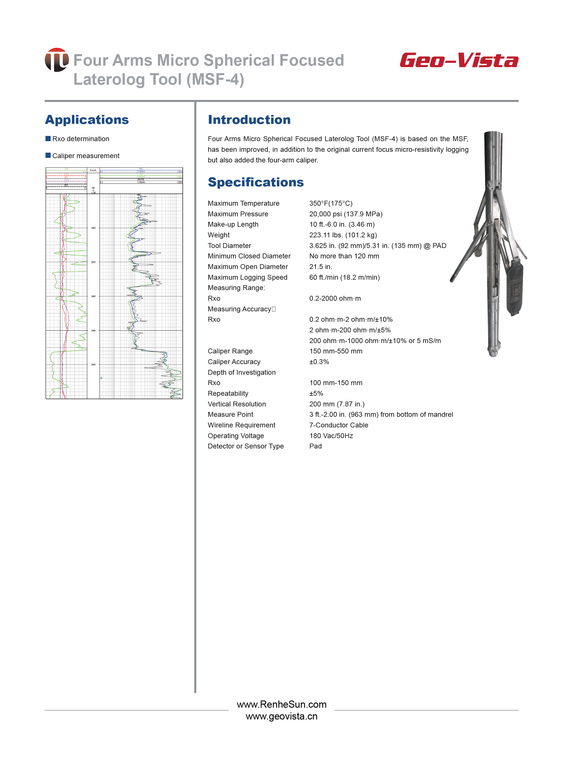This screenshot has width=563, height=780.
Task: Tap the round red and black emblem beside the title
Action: pos(57,60)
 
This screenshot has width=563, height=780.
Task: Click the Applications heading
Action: pos(87,120)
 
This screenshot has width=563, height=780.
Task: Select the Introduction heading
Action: pos(249,120)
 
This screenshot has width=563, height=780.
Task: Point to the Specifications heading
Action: pos(256,182)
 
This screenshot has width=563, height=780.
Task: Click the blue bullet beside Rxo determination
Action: pos(48,139)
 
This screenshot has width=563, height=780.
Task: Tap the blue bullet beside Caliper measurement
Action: pos(48,156)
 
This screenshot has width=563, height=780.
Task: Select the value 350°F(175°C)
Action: pos(331,203)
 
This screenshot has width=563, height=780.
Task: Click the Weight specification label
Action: pos(218,235)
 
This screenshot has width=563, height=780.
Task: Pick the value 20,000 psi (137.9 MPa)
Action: pos(346,214)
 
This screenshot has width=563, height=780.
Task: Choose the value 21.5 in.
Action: pos(321,266)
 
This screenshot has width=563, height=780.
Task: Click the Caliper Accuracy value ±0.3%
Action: pos(319,362)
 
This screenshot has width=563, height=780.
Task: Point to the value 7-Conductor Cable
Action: pos(338,425)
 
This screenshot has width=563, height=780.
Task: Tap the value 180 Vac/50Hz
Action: pos(331,436)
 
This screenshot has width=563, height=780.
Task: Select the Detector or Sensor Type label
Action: pos(246,446)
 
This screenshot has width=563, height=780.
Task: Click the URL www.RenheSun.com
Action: pos(281,704)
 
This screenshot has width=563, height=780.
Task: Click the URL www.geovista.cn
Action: pos(281,716)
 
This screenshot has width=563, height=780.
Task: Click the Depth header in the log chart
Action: pos(93,171)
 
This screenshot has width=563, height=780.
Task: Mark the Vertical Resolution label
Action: pos(237,404)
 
